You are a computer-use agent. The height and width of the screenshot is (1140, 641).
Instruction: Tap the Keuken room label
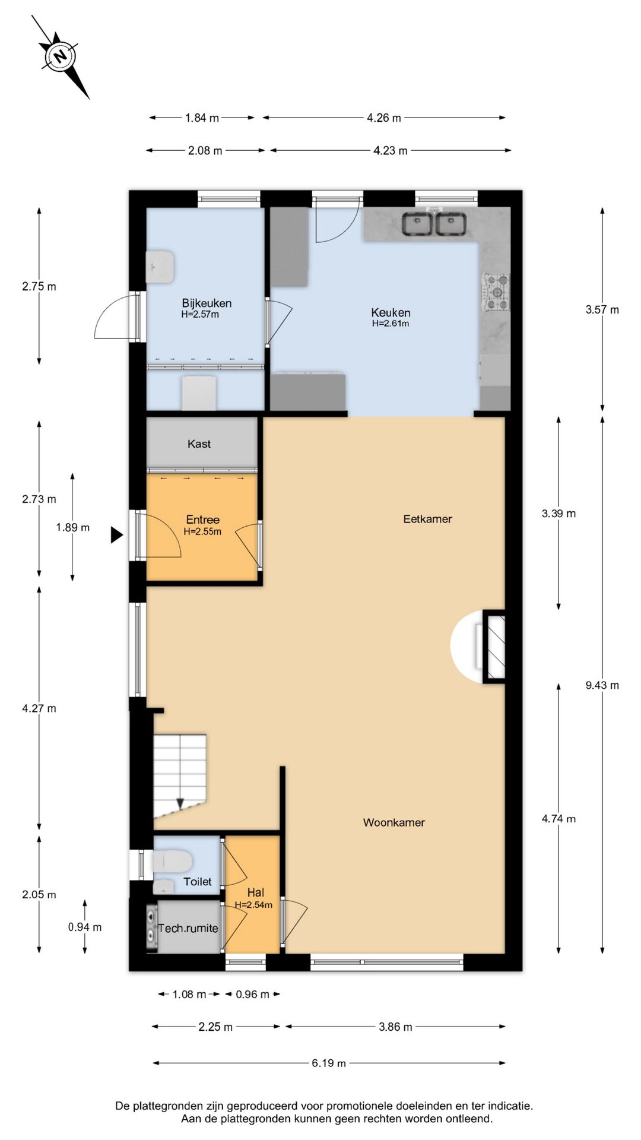tap(391, 312)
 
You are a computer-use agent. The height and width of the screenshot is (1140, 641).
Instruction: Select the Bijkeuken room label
tap(207, 303)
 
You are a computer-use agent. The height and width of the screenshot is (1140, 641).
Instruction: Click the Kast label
tap(199, 444)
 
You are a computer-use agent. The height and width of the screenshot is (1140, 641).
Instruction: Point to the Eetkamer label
tap(427, 518)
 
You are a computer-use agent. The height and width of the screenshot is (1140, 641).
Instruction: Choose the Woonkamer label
tap(394, 822)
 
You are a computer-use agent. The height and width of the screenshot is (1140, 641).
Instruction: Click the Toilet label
tap(197, 882)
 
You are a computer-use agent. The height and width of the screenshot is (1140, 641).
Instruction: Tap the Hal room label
tap(256, 892)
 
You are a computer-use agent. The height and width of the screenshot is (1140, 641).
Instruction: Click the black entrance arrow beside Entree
tap(116, 535)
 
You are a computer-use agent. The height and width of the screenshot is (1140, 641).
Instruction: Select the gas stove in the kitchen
tap(496, 292)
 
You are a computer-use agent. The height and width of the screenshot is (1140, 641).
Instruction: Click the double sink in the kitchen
tap(434, 224)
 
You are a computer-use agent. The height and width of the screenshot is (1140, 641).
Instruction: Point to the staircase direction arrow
tap(180, 804)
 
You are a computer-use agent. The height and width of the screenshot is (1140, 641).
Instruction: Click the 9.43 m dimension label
tap(602, 685)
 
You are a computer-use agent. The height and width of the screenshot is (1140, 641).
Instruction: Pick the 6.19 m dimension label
tap(329, 1063)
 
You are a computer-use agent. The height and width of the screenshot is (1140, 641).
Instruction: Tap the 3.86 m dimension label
tap(395, 1027)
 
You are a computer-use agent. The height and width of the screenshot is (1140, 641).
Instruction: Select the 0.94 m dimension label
tap(85, 927)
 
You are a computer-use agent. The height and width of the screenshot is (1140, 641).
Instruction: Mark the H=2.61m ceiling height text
tap(391, 324)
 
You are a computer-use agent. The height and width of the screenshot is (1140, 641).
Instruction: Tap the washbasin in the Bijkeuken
tap(160, 266)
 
